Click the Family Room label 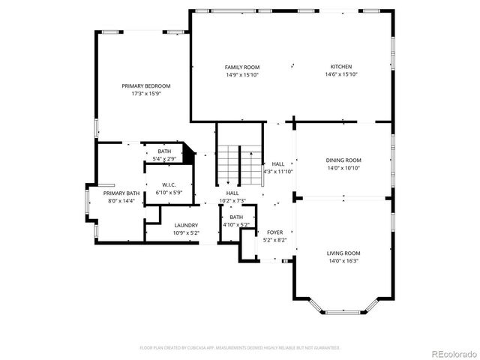(241, 67)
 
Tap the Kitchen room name (341, 67)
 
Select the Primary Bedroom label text (146, 86)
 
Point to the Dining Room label (343, 160)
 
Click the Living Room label (343, 253)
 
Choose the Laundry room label (186, 225)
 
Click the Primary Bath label (121, 193)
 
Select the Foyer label (275, 232)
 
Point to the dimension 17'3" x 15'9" (146, 94)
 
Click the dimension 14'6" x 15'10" (341, 75)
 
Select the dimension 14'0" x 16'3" (343, 261)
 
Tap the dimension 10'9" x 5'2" (186, 232)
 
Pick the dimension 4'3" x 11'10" (277, 171)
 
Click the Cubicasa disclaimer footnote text (240, 348)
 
